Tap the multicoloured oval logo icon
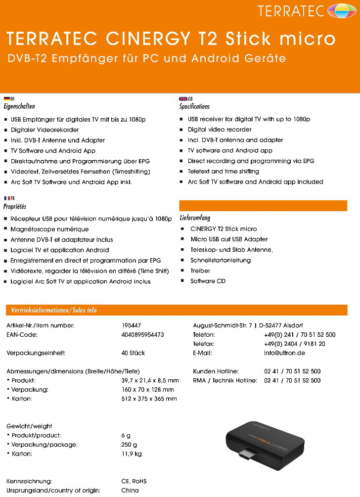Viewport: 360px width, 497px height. (x=342, y=10)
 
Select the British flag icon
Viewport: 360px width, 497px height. (x=183, y=99)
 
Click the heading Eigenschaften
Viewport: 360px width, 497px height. (x=19, y=106)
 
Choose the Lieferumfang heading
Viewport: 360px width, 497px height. (x=195, y=218)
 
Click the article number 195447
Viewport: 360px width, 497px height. (x=131, y=325)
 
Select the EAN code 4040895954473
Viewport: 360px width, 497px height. (x=142, y=335)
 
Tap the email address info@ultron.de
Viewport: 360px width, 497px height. (x=284, y=353)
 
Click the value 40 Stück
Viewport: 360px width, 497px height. (x=133, y=353)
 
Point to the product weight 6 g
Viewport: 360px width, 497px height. (x=126, y=435)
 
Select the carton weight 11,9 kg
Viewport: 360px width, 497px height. (x=132, y=453)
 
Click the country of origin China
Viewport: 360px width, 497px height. (x=130, y=490)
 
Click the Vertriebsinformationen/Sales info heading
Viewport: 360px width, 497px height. (x=51, y=311)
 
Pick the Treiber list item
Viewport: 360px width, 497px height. (x=200, y=271)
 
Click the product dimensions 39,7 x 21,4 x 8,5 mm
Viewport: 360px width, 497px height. (x=150, y=380)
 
